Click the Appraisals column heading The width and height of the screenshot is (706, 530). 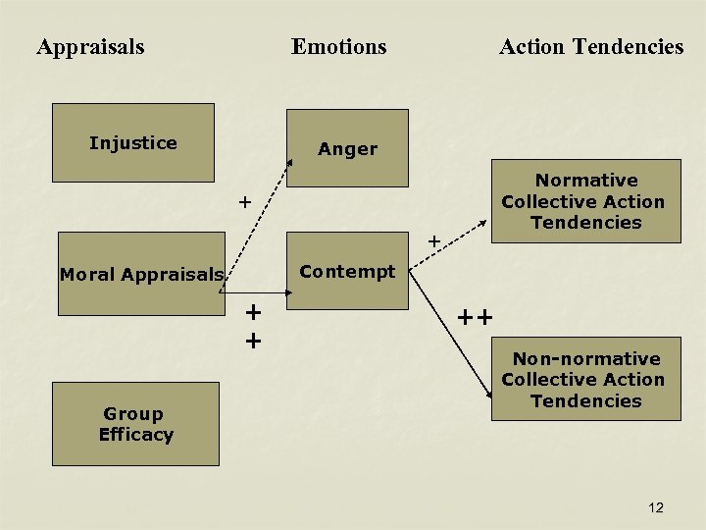click(90, 46)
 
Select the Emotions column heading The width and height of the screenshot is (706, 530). click(338, 46)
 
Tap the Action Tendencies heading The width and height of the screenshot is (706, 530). click(590, 46)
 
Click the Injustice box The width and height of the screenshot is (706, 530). click(132, 143)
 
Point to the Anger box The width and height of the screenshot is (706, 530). click(347, 148)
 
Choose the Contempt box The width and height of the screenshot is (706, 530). click(347, 272)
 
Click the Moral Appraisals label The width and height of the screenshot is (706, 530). click(141, 275)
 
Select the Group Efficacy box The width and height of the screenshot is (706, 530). click(135, 424)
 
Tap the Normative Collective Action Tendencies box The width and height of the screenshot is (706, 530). click(584, 201)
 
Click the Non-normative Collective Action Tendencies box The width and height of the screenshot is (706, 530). click(584, 380)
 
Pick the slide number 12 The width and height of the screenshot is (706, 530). click(656, 507)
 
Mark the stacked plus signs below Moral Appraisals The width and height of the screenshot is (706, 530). click(253, 326)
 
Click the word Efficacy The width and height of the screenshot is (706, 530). click(135, 435)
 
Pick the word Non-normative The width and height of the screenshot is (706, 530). click(586, 359)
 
